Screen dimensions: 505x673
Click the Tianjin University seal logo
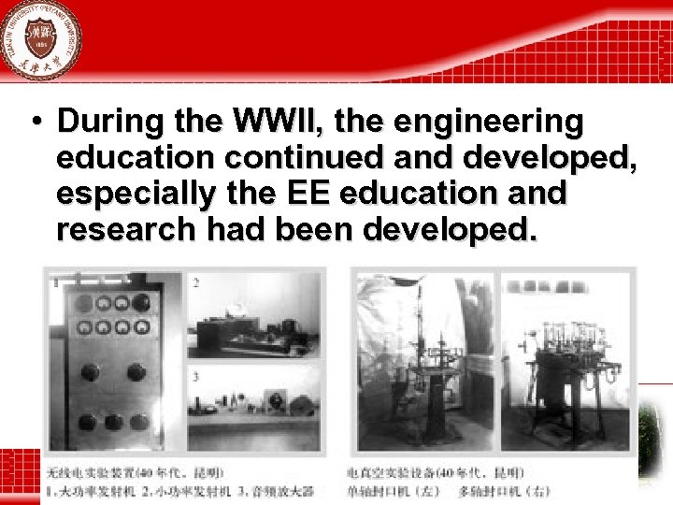pyautogui.click(x=39, y=39)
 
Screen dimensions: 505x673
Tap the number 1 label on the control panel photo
pyautogui.click(x=56, y=281)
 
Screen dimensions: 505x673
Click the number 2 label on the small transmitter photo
pyautogui.click(x=196, y=281)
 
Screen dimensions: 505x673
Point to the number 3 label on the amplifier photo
pyautogui.click(x=196, y=377)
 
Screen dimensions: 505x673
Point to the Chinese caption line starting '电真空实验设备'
pyautogui.click(x=435, y=473)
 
